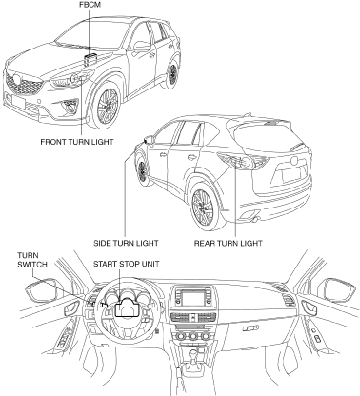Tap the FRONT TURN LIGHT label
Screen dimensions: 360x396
click(x=77, y=142)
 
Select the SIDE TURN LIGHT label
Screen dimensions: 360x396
click(x=126, y=244)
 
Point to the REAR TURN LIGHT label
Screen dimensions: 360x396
click(x=229, y=244)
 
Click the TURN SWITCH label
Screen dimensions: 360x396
click(x=32, y=260)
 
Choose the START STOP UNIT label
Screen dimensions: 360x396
click(x=127, y=264)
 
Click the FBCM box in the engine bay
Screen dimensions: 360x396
click(x=90, y=59)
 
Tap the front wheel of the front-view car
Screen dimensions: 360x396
click(x=107, y=105)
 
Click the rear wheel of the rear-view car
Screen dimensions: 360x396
click(x=204, y=207)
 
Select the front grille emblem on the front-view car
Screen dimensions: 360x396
click(x=16, y=79)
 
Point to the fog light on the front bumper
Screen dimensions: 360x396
click(x=70, y=105)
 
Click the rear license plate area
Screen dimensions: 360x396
click(x=290, y=175)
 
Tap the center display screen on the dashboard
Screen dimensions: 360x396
click(x=193, y=298)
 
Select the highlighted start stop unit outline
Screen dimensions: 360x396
click(x=127, y=308)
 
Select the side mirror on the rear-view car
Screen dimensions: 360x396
click(x=149, y=139)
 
